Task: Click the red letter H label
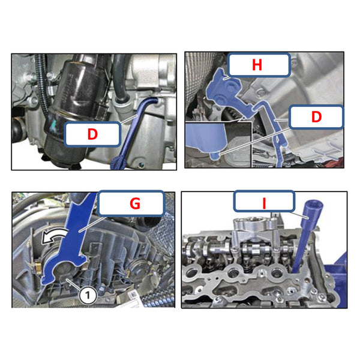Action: (256, 65)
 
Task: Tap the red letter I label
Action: (264, 203)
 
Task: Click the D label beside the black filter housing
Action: (92, 134)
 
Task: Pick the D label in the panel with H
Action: (316, 118)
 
